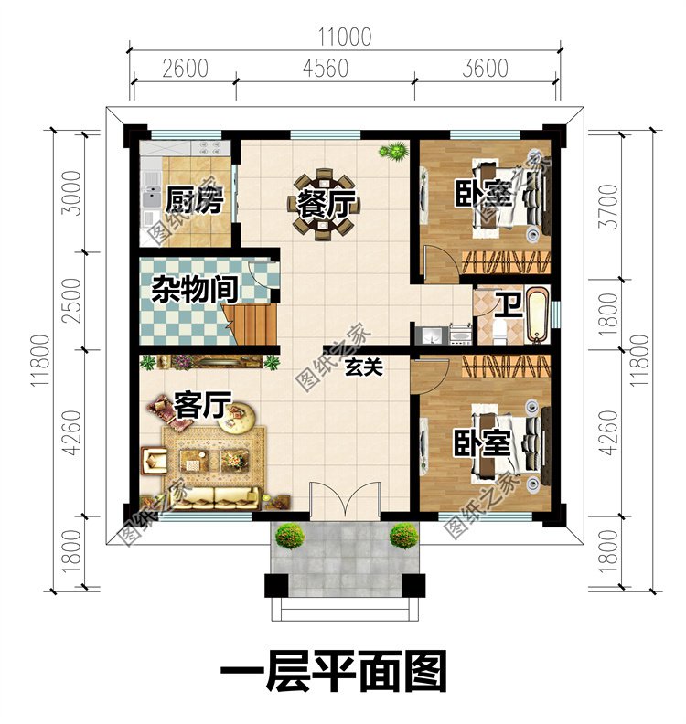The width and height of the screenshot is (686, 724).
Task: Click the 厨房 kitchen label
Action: [195, 200]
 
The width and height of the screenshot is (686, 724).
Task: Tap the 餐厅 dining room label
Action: [326, 203]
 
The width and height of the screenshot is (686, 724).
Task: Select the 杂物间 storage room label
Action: [195, 290]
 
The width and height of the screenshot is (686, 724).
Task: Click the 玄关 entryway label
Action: [364, 367]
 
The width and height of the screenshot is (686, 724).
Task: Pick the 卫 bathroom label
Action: [509, 304]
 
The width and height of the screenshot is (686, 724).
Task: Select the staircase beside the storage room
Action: [250, 325]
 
